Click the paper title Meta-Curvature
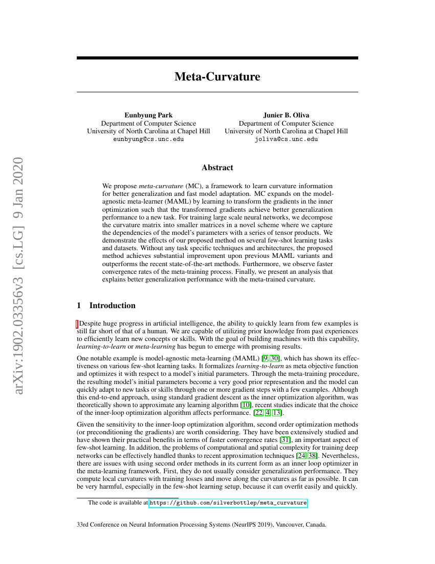(x=217, y=77)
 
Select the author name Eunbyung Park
(x=148, y=115)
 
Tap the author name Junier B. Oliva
(x=286, y=115)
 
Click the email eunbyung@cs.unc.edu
(x=148, y=139)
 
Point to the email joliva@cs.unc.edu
(x=286, y=139)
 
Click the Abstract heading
(x=217, y=168)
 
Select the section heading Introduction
(x=113, y=306)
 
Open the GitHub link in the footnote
(x=228, y=503)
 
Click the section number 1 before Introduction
(x=79, y=306)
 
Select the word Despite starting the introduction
(x=90, y=324)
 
